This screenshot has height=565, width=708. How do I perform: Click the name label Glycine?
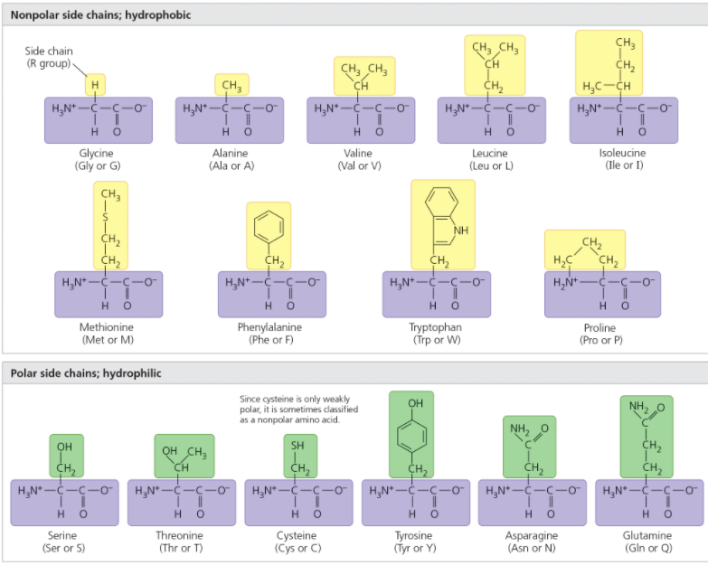point(96,154)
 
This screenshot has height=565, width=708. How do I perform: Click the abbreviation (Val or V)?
point(359,166)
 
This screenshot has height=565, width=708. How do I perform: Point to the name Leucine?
point(490,154)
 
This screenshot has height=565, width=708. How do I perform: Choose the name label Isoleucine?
point(622,153)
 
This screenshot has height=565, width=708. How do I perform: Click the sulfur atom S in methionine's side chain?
point(105,217)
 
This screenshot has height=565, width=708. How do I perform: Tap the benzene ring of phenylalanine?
point(269,224)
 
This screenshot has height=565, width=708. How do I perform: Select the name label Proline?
point(598,328)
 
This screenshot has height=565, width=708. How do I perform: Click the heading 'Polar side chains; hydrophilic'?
point(86,373)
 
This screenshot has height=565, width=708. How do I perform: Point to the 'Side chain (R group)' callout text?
point(49,57)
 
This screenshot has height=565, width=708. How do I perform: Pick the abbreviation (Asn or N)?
point(530,549)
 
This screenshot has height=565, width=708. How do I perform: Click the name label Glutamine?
point(646,535)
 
